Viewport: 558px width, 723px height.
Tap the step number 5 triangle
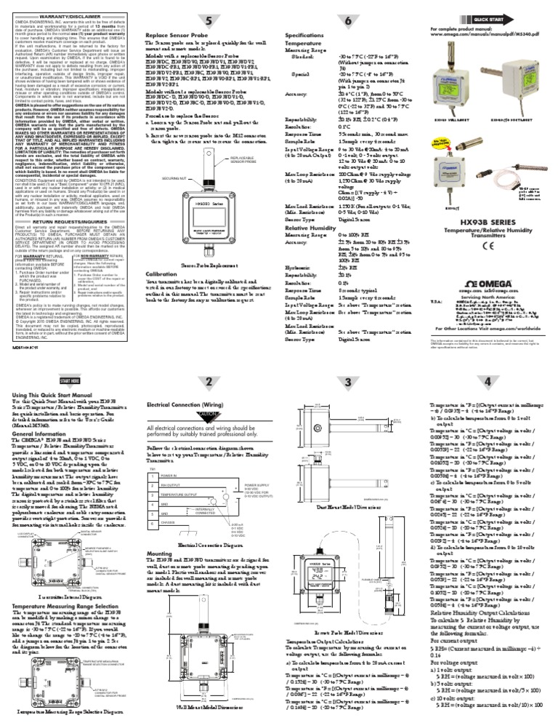pyautogui.click(x=209, y=20)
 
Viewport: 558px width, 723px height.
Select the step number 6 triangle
pyautogui.click(x=347, y=20)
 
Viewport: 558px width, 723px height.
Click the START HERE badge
pyautogui.click(x=70, y=380)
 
